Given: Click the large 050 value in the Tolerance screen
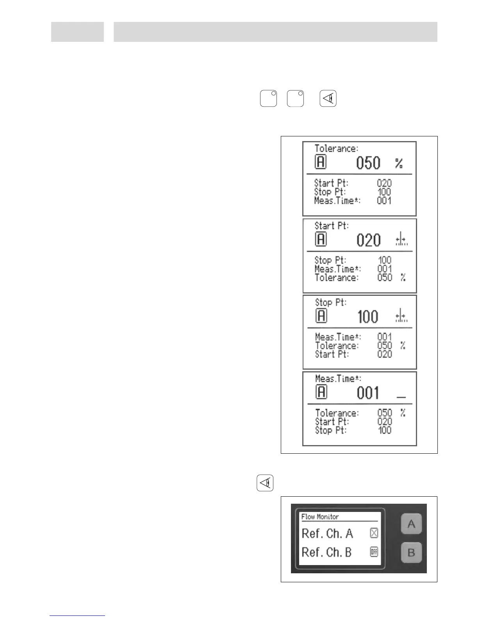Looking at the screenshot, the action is (x=368, y=163).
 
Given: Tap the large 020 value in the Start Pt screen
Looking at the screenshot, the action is (x=368, y=240).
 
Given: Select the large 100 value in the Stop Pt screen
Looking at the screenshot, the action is (x=368, y=317).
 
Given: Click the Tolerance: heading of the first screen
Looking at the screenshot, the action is (x=336, y=149).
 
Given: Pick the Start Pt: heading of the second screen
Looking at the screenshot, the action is (x=332, y=226).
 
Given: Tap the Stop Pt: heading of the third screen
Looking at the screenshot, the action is (x=331, y=302).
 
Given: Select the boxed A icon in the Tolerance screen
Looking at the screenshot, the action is (x=321, y=162).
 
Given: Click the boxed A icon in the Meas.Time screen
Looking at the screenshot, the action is (x=321, y=392).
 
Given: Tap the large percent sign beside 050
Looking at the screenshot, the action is (x=399, y=163).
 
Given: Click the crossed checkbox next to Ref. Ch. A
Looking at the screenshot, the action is (x=374, y=533).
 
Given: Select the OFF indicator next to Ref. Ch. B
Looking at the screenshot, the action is (x=374, y=552).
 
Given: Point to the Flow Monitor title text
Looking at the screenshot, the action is (x=320, y=517).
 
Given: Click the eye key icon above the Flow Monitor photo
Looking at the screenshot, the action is (x=265, y=483).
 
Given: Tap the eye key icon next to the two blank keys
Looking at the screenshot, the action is (x=328, y=98).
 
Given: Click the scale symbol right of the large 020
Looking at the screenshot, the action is (x=401, y=240).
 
